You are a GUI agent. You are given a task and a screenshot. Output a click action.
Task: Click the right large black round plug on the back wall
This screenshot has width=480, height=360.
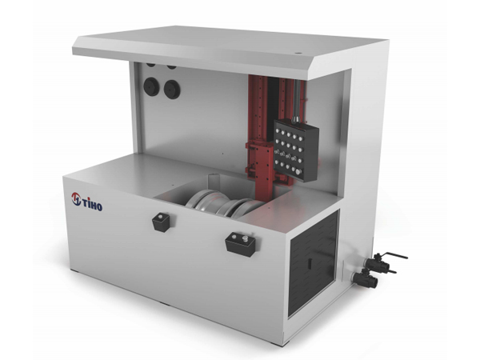[170, 90]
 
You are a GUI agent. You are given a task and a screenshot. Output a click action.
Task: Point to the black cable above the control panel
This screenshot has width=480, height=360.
[296, 104]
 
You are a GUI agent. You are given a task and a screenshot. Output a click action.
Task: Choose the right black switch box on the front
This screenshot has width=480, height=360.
[238, 242]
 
